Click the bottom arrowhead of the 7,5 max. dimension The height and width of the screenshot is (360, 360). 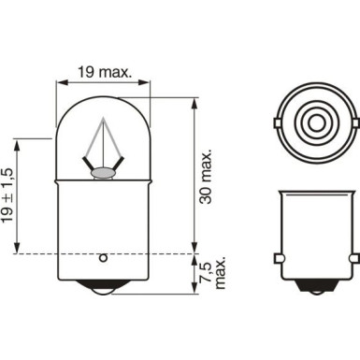point(194,293)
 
